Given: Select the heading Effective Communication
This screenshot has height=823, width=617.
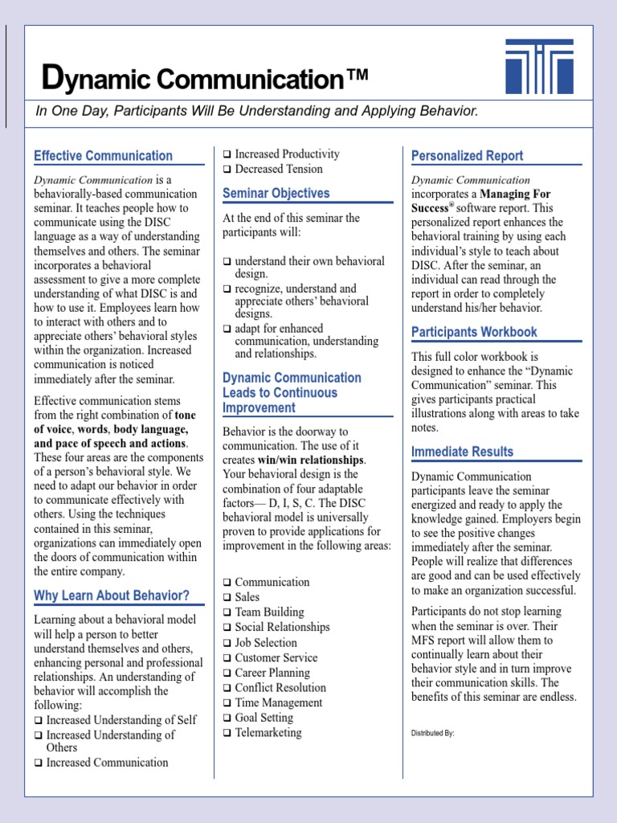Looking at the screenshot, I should (103, 156).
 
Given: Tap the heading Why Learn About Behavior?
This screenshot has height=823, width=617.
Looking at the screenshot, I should (112, 596).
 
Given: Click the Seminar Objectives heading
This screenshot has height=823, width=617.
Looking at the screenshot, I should (276, 194).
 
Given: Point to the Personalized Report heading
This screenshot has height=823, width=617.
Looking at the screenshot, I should (467, 156).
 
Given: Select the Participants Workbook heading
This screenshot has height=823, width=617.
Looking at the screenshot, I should (474, 332).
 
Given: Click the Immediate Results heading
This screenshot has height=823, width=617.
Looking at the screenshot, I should (462, 452).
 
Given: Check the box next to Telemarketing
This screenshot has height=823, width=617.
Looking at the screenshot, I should (227, 733).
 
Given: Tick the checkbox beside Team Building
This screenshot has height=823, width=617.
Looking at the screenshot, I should (227, 612).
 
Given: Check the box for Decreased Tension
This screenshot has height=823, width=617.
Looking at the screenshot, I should (227, 170).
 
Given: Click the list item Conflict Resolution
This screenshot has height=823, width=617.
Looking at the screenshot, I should (280, 688).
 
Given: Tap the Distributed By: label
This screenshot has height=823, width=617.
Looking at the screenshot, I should (433, 733).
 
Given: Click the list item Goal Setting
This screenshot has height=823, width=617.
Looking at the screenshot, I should (264, 718).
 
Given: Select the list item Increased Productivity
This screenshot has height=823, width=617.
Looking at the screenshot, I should (287, 154).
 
